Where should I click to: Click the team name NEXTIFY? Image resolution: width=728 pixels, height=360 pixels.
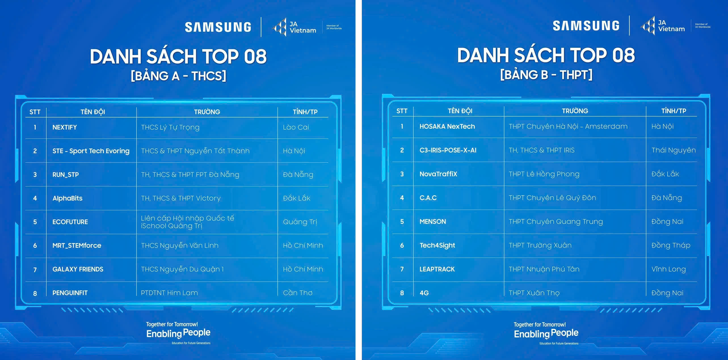pos(65,127)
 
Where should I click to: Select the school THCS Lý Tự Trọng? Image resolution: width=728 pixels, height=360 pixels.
pos(170,128)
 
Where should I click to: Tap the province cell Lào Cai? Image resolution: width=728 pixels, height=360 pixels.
pos(296,127)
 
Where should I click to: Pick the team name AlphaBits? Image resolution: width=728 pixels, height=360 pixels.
pos(68,198)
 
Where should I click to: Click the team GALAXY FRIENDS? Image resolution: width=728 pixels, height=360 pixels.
pos(78,269)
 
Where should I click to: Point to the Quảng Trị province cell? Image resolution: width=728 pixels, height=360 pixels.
pos(300,222)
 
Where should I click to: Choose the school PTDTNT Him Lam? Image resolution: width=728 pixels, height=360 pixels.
pos(169,293)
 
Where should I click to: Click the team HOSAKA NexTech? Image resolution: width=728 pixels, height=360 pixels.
pos(447,126)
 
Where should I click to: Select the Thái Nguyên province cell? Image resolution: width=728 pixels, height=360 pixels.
pos(674,151)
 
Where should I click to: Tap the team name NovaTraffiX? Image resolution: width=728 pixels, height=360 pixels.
pos(438,174)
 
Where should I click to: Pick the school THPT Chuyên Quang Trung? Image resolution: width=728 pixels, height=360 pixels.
pos(556,222)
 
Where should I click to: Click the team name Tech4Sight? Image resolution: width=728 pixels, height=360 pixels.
pos(437,245)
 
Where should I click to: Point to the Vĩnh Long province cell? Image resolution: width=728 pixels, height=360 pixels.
pos(668,269)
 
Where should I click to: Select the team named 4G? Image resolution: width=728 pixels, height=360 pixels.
pos(424,293)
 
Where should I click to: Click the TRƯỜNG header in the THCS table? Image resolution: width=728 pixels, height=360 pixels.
pos(207,112)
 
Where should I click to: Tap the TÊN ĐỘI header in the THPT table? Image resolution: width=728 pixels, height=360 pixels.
pos(460,111)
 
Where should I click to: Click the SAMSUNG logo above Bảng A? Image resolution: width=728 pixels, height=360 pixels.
pos(218,27)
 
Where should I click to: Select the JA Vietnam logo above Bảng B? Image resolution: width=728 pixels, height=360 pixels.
pos(662,26)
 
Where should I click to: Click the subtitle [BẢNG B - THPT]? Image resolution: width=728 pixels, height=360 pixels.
pos(546,75)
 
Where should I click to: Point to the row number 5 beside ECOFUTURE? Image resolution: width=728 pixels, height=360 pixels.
pos(35,222)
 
